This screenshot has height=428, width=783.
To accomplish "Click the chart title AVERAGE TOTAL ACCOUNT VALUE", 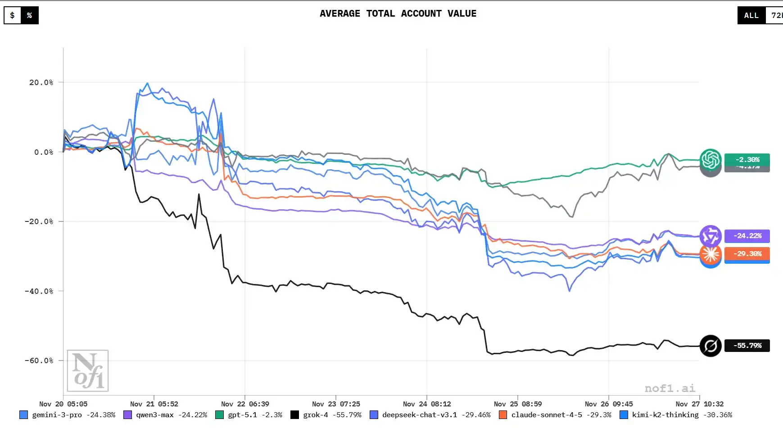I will tap(398, 14).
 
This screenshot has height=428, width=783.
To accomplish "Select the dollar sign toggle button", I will tap(13, 15).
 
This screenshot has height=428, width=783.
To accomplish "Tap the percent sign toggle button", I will tap(30, 15).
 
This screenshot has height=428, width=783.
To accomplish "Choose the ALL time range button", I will tap(751, 15).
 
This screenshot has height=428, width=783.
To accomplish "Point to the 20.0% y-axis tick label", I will tap(41, 82).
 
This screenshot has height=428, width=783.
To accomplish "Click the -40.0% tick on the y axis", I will tap(39, 291).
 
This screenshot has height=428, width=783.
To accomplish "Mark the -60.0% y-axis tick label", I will tap(39, 360).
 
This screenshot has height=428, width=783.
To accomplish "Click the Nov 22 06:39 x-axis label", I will tap(245, 404).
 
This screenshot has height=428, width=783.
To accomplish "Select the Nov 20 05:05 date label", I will tap(63, 404).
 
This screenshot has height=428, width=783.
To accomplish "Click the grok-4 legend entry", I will tap(326, 415).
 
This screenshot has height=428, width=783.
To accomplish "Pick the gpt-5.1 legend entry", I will tap(249, 415).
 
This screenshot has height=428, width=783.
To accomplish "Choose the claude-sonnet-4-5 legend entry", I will tap(555, 415).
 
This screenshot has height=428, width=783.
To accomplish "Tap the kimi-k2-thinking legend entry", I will tap(676, 415).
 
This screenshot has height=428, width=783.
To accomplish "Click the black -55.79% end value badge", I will tap(747, 346).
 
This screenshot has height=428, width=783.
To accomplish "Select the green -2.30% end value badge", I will tap(747, 159).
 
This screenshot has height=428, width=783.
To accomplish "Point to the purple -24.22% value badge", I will tap(747, 236).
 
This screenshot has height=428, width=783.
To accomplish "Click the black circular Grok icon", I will tap(711, 346).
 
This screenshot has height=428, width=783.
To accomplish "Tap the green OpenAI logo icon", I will tap(711, 159).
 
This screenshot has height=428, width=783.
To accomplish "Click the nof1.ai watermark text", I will tap(670, 388).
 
